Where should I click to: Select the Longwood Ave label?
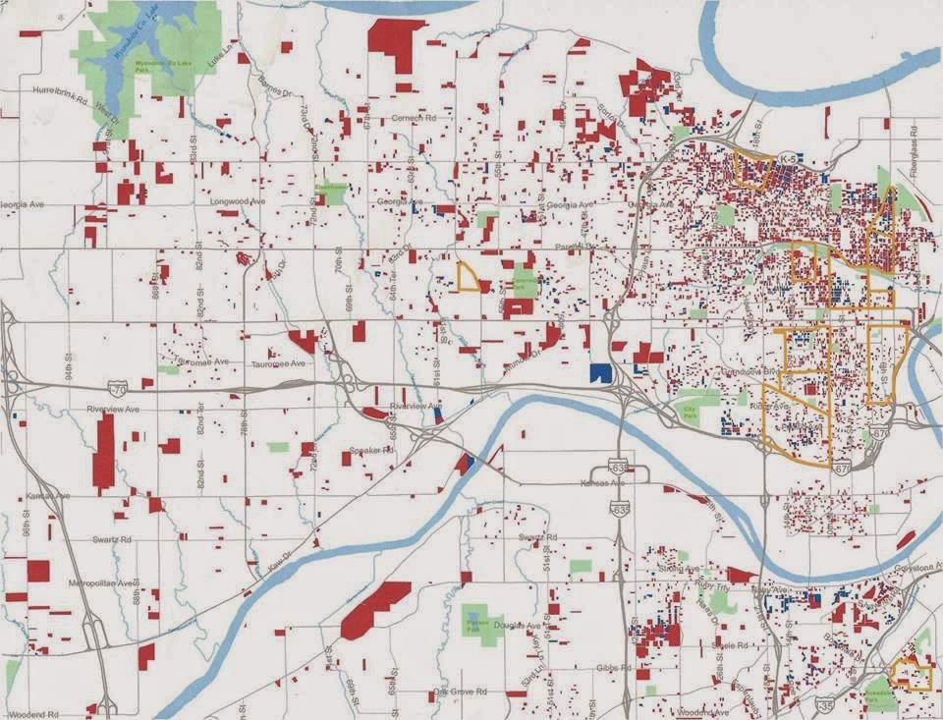point(238,201)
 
